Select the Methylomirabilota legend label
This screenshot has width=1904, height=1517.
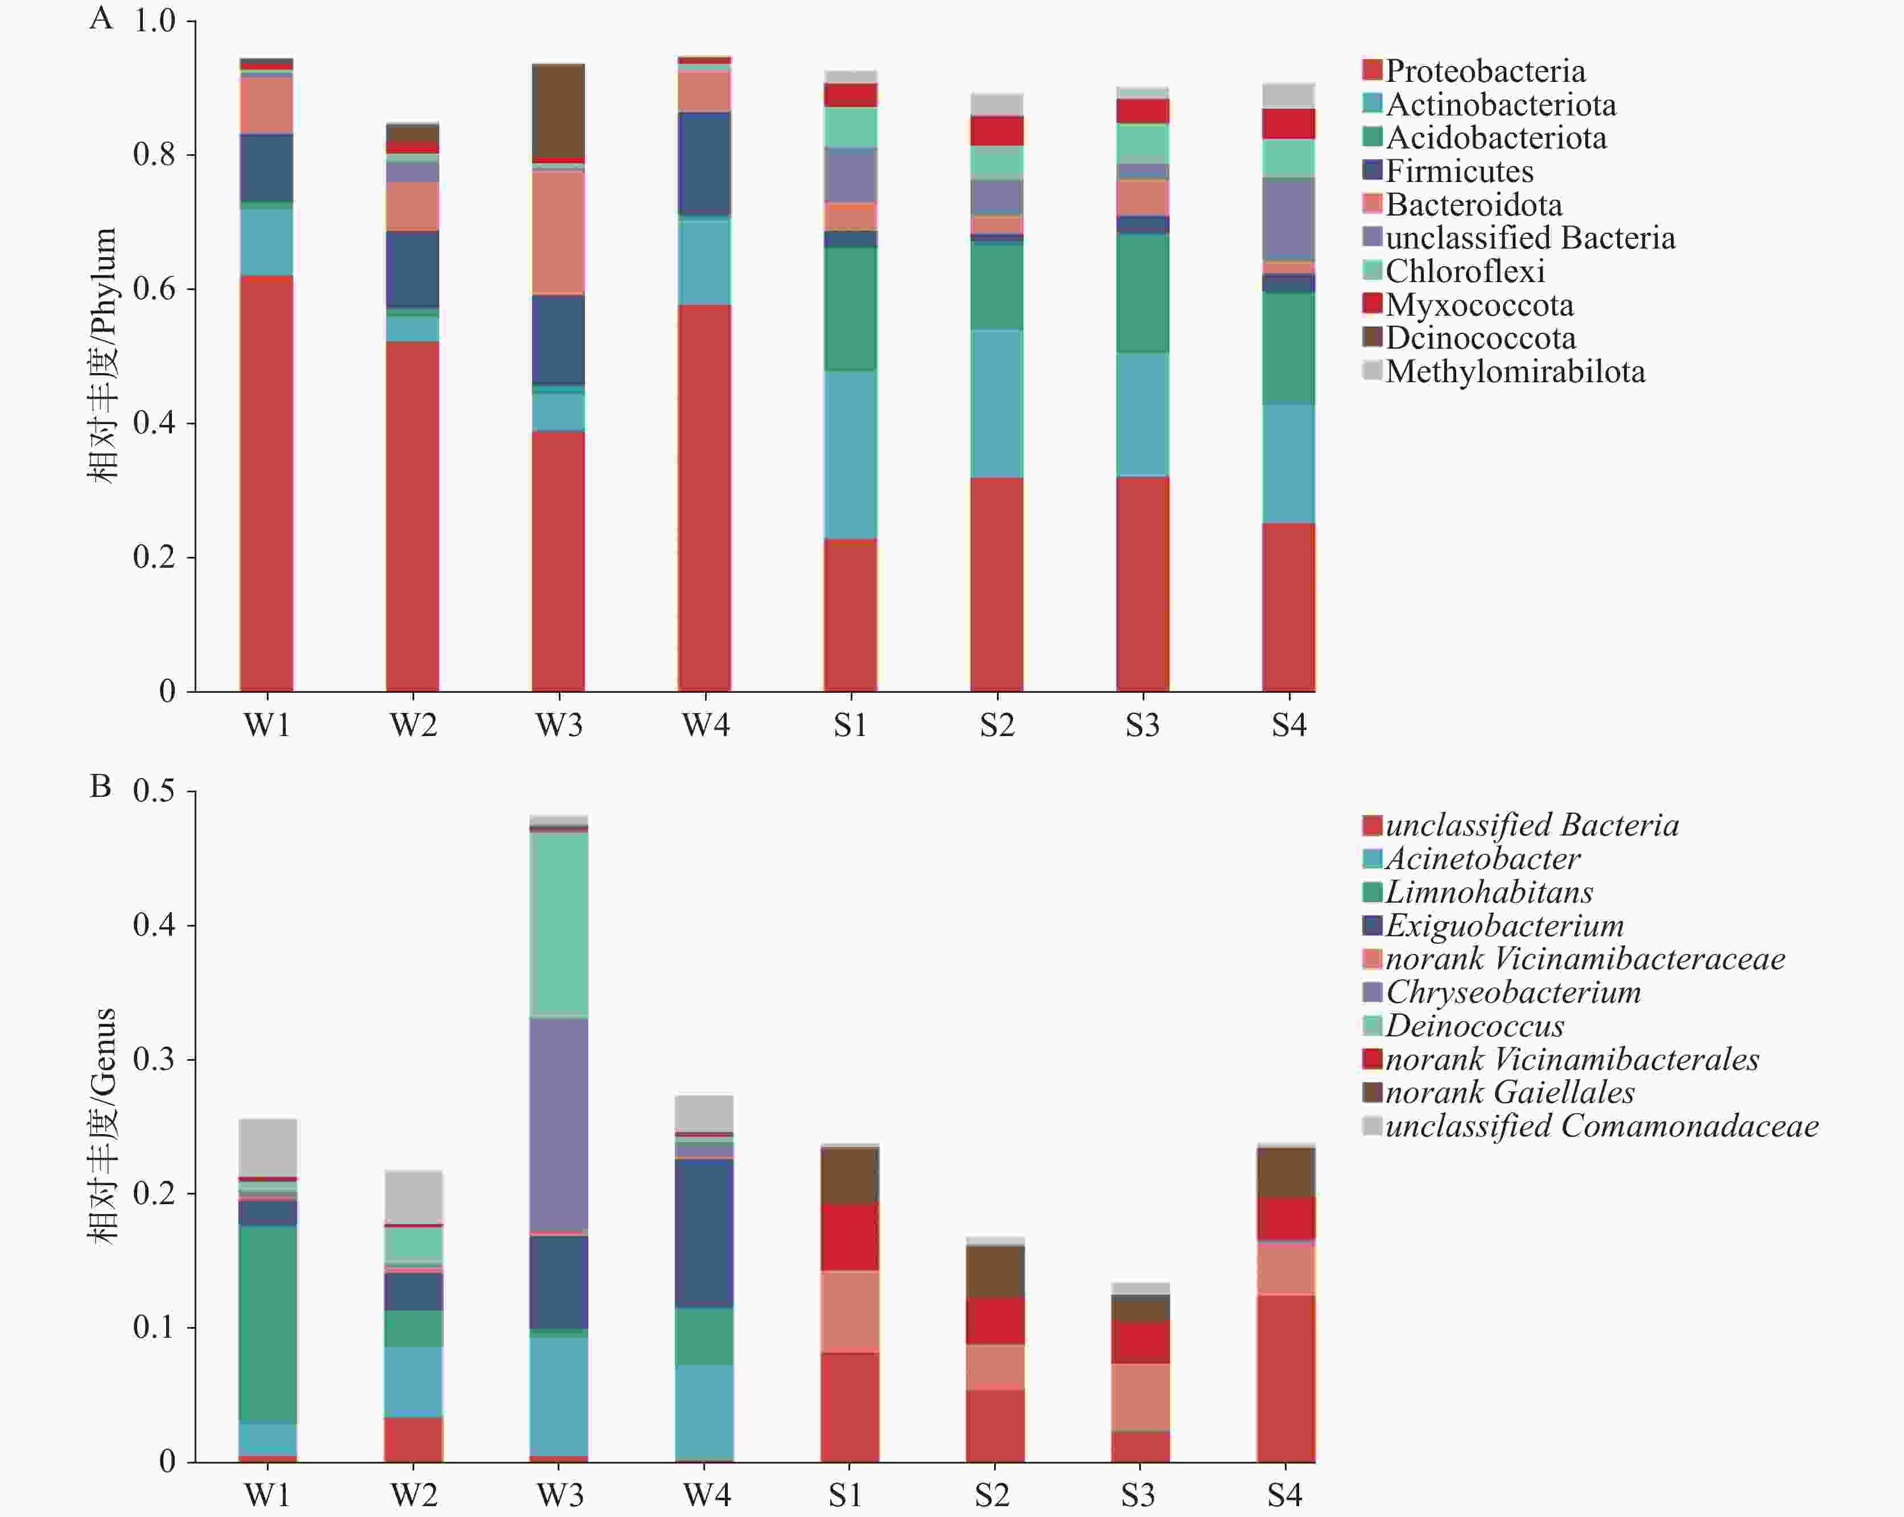tap(1515, 371)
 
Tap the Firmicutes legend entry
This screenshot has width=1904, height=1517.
tap(1459, 171)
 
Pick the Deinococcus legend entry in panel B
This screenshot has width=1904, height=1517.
tap(1474, 1025)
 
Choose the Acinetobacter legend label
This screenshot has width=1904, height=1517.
tap(1482, 858)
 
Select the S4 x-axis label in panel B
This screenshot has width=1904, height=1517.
tap(1285, 1495)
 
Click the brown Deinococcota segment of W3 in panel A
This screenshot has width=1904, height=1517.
tap(558, 110)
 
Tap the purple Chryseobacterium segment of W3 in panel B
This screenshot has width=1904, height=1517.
tap(559, 1124)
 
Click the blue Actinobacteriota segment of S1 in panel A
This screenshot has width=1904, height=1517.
tap(851, 454)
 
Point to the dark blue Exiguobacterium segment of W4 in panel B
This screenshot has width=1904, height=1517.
tap(704, 1233)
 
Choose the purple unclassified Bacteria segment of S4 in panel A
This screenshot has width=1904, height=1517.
tap(1288, 219)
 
